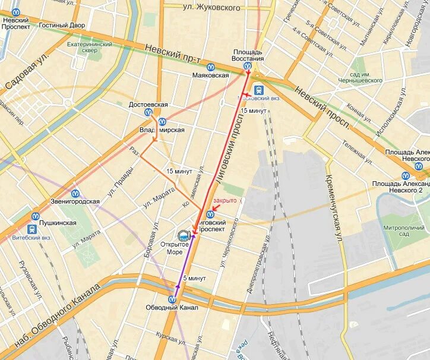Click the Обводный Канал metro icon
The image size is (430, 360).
172,299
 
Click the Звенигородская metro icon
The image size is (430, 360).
75,193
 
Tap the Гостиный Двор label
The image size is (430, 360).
62,26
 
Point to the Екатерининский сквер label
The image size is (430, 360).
89,47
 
